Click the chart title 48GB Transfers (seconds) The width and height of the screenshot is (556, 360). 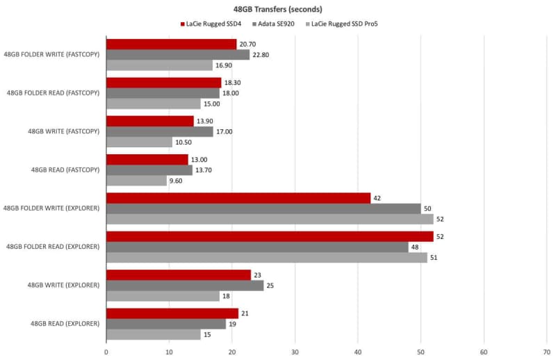coord(278,10)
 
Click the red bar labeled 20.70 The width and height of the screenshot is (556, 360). coord(171,44)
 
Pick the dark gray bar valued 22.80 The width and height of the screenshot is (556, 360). coord(177,55)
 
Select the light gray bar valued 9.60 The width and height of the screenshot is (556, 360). coord(136,181)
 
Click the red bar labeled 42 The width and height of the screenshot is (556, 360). coord(238,198)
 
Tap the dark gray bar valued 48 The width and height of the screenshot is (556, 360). coord(257,247)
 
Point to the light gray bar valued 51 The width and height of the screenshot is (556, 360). coord(266,257)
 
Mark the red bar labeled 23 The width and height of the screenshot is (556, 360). coord(178,275)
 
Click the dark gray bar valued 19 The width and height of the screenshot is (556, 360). coord(165,324)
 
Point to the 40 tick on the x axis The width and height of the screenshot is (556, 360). coord(358,352)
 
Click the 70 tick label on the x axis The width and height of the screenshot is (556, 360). coord(547,352)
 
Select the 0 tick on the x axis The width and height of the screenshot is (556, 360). coord(106,352)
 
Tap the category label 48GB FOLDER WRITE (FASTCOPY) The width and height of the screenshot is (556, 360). coord(51,54)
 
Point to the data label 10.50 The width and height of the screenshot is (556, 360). coord(185,142)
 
